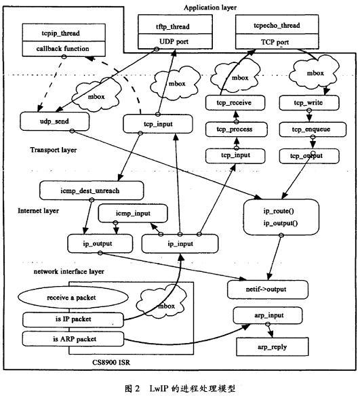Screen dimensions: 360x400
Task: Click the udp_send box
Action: (55, 121)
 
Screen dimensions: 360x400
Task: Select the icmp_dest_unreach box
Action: (92, 191)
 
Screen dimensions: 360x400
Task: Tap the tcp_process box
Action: (236, 129)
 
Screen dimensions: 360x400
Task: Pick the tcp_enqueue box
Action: (313, 129)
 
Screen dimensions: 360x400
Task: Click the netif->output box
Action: (267, 289)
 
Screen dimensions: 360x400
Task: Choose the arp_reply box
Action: (272, 346)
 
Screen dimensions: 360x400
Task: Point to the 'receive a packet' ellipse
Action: (73, 298)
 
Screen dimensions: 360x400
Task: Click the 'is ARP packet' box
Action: (73, 339)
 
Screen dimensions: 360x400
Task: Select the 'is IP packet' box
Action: (73, 319)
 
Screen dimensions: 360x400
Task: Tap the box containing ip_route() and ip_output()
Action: (281, 217)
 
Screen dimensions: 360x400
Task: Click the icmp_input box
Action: (133, 213)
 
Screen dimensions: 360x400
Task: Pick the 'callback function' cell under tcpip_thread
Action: (64, 49)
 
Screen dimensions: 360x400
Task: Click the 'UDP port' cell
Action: (175, 41)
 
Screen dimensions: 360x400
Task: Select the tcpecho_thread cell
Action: (277, 24)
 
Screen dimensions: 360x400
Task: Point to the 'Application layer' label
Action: (210, 7)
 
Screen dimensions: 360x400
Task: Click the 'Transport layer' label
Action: (54, 150)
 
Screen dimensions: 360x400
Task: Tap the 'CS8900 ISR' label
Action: (111, 362)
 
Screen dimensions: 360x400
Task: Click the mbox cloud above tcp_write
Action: (315, 73)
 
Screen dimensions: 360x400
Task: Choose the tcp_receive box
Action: (235, 103)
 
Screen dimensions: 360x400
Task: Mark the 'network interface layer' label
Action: (69, 271)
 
